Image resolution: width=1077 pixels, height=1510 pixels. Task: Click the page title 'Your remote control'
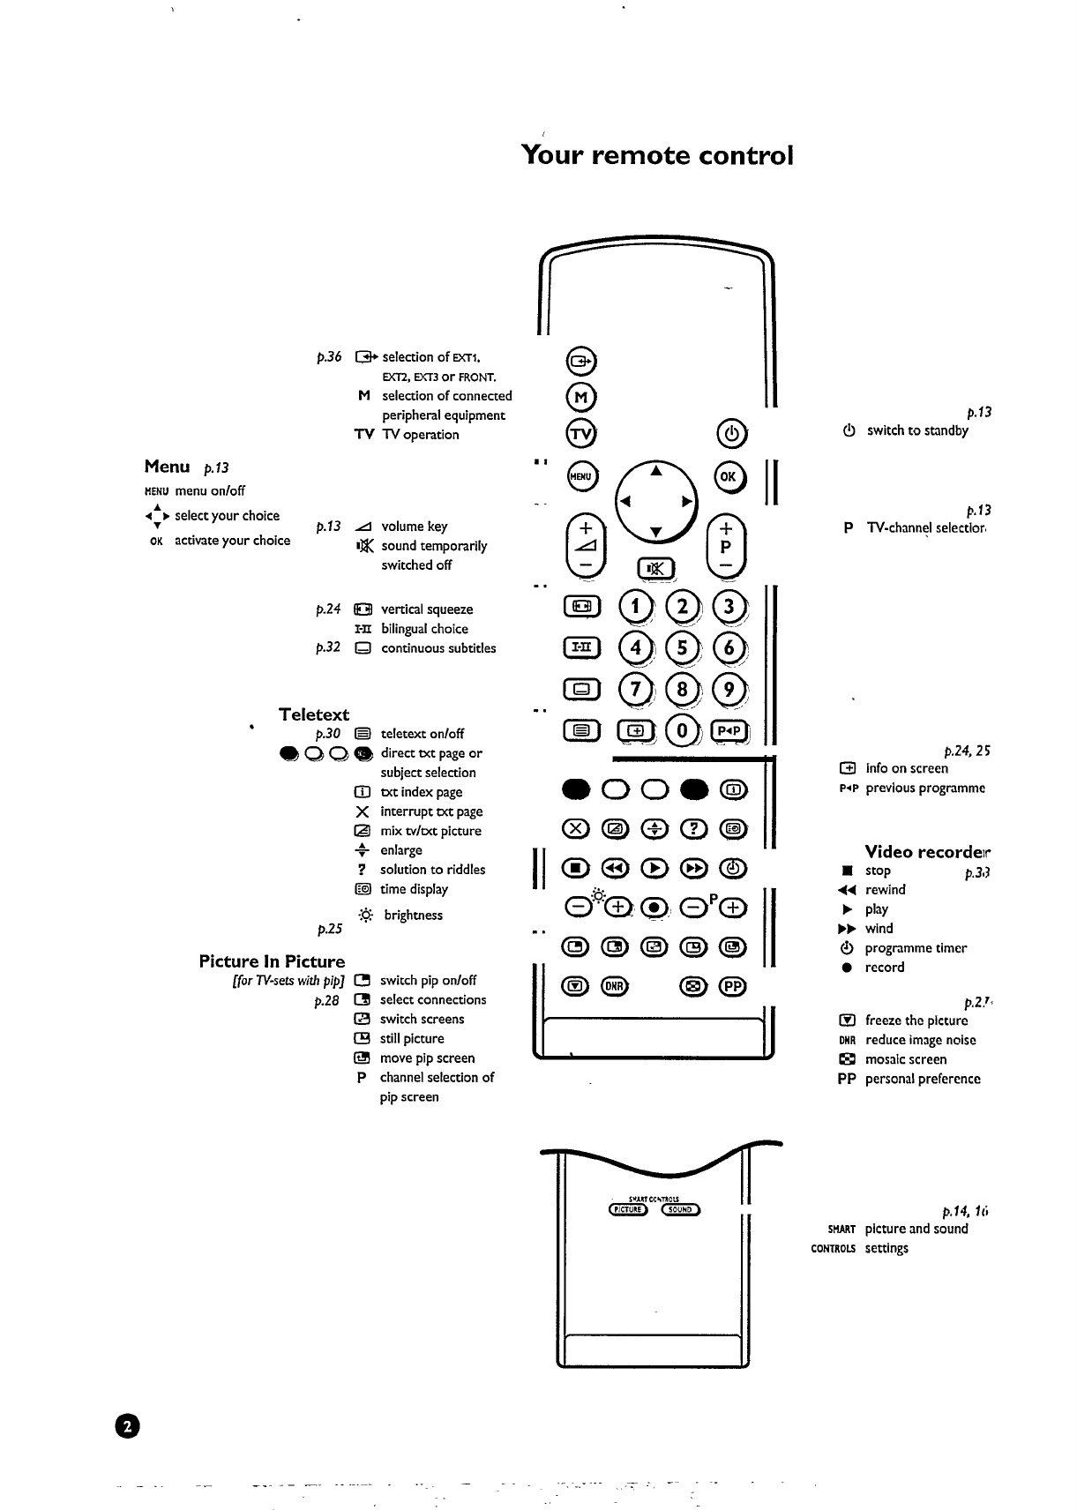click(657, 155)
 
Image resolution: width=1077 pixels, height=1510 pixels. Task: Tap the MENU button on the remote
click(580, 475)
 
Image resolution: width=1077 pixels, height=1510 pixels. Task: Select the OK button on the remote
click(729, 475)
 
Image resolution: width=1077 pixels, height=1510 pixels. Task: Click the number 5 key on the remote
click(681, 648)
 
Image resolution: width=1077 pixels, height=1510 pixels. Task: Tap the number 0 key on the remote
click(682, 730)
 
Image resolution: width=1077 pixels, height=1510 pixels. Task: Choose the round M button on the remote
click(580, 397)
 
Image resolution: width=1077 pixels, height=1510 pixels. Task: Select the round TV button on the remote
click(580, 434)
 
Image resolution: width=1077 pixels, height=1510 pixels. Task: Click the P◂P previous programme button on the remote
click(729, 730)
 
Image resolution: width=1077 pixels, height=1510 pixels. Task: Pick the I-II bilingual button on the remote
click(580, 648)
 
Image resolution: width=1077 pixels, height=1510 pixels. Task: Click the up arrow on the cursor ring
click(655, 472)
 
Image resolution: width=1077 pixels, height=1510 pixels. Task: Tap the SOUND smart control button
click(679, 1209)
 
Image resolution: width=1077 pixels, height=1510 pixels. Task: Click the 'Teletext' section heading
click(314, 714)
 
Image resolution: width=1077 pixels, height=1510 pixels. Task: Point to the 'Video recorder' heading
click(927, 852)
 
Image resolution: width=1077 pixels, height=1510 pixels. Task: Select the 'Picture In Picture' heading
click(272, 961)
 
